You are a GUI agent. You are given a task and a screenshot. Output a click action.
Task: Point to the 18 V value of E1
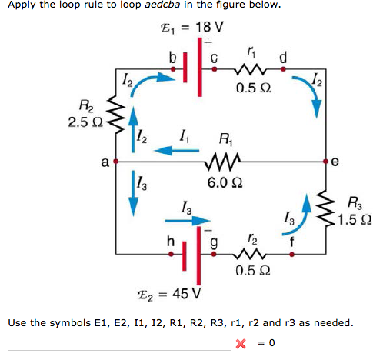pyautogui.click(x=209, y=26)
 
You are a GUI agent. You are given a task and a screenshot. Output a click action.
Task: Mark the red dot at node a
pyautogui.click(x=115, y=162)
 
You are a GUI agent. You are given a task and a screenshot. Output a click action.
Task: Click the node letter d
pyautogui.click(x=283, y=55)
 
